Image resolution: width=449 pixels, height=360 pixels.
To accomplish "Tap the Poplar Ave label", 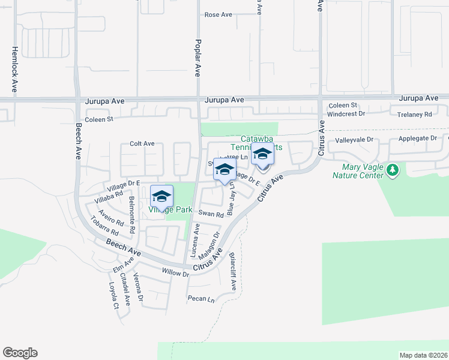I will coord(197,58).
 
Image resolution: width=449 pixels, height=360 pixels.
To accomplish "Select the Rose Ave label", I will coord(218,14).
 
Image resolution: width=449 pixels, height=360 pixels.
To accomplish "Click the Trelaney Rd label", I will coord(411,114).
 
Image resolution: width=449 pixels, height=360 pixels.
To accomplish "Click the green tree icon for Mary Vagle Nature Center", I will coord(393,171).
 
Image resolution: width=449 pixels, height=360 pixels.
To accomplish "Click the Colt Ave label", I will coord(142,144).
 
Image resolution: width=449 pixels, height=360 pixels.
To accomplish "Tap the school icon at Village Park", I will coord(161,196).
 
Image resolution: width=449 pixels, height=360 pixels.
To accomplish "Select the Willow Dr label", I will coord(176,272).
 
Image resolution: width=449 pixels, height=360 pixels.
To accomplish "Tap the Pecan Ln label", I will coord(200,299).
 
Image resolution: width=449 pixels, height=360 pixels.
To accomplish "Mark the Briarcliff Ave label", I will coord(232,271).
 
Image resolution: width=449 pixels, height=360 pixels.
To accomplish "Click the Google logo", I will coord(20,353).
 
